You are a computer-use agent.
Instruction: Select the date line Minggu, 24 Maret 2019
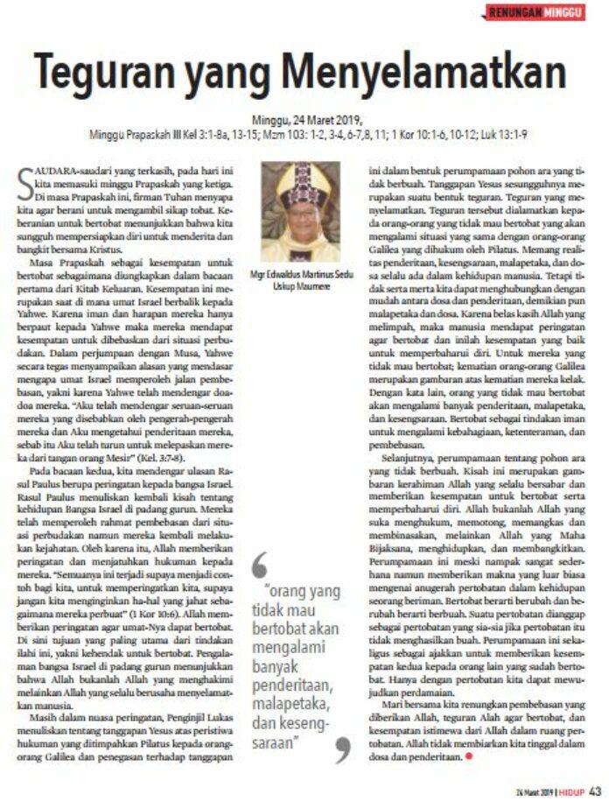point(304,121)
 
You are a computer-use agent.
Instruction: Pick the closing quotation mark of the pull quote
point(342,749)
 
